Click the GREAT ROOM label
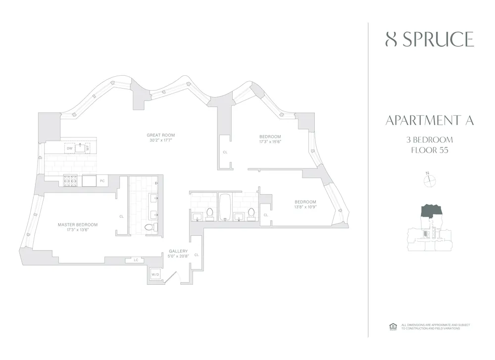[x=160, y=135]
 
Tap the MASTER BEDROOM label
[x=78, y=225]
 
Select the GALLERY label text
[x=178, y=251]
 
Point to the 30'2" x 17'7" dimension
[x=160, y=140]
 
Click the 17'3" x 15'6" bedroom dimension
[x=270, y=142]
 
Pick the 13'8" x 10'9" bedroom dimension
[x=305, y=207]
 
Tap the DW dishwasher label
[x=69, y=148]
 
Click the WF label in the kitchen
[x=87, y=148]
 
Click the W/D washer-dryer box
[x=155, y=274]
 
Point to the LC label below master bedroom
[x=135, y=259]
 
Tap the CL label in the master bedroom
[x=121, y=216]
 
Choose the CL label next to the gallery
[x=197, y=255]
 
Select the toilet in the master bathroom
[x=149, y=228]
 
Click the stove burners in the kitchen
[x=70, y=181]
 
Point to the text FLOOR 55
[x=429, y=151]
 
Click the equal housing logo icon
[x=393, y=326]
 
